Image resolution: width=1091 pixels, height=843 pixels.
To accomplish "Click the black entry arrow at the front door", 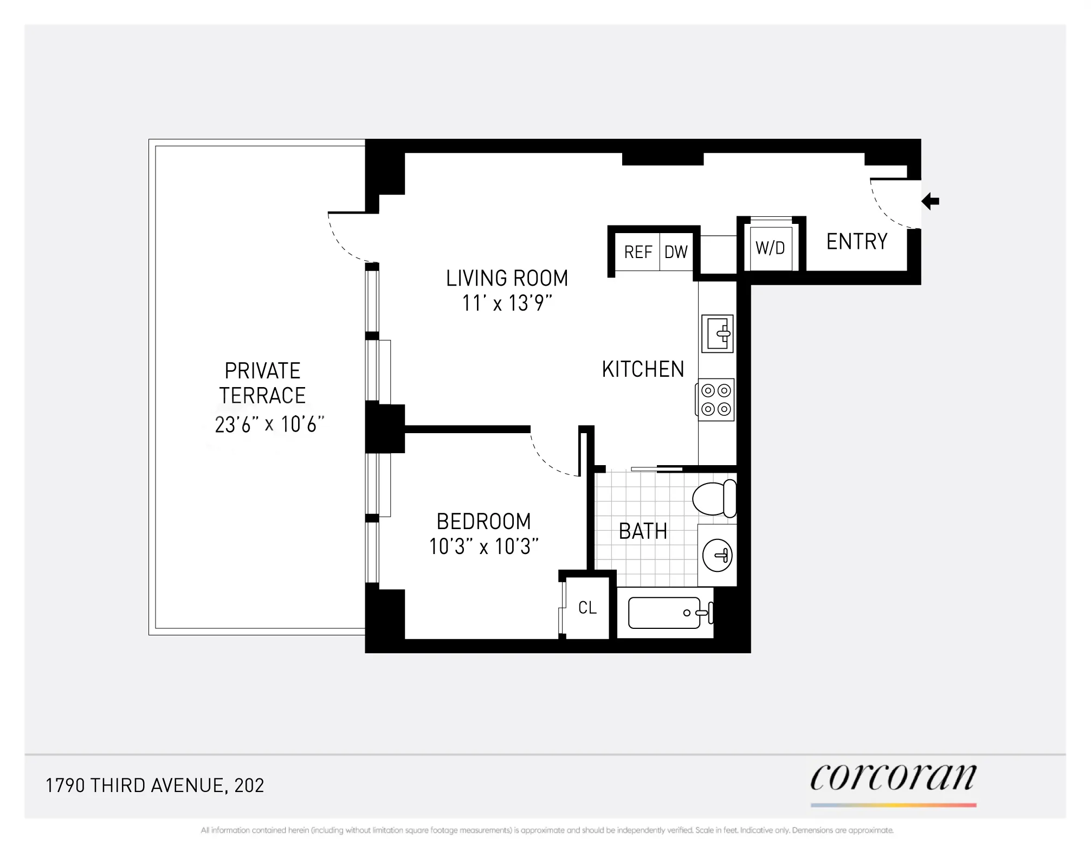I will [x=931, y=201].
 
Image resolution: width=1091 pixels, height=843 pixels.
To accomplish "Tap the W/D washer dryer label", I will [x=770, y=248].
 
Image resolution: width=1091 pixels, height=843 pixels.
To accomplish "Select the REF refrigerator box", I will [x=638, y=252].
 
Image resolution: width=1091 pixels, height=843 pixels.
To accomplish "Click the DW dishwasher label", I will [x=676, y=252].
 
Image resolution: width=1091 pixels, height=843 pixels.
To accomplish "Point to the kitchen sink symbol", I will [x=718, y=334].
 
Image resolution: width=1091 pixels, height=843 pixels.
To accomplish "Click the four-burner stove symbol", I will [x=716, y=400].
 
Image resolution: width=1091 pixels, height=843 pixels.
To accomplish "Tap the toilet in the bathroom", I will [x=714, y=499].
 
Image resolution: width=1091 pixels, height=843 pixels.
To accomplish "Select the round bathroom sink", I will [x=717, y=555].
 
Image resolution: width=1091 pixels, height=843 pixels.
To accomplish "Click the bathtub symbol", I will [x=666, y=613].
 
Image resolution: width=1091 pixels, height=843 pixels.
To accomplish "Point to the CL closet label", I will [x=588, y=608].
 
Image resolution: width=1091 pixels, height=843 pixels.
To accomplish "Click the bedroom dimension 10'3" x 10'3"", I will [x=483, y=546].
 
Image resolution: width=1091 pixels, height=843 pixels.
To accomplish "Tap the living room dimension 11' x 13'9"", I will [x=507, y=303].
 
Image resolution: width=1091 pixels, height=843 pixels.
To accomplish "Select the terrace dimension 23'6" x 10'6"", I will [x=269, y=424].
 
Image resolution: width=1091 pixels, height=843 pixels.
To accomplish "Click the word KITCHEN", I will [x=643, y=369].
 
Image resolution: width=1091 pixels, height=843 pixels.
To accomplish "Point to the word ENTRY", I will [x=857, y=241].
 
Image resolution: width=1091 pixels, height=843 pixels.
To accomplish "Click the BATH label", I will [x=643, y=531].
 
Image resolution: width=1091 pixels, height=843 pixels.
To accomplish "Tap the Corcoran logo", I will [x=893, y=778].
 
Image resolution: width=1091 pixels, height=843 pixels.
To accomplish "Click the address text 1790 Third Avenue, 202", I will [x=155, y=786].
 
